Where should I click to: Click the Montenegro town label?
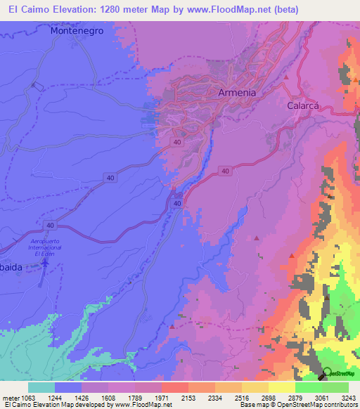pos(77,32)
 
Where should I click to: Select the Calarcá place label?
pos(304,106)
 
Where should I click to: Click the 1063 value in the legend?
pos(27,398)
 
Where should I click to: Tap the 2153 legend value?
pos(188,398)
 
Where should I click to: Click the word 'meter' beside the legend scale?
pos(10,398)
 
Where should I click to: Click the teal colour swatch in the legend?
pos(41,387)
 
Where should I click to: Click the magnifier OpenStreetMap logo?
pos(328,374)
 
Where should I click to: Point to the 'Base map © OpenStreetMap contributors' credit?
pos(298,405)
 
